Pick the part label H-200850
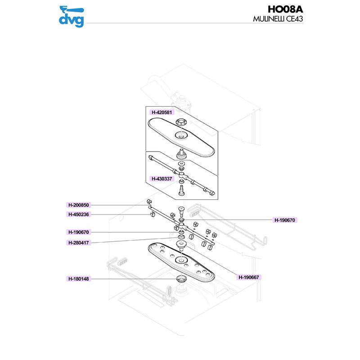pyautogui.click(x=79, y=205)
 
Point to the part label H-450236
pyautogui.click(x=79, y=214)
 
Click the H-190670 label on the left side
pyautogui.click(x=79, y=232)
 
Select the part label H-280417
pyautogui.click(x=79, y=243)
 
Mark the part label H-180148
pyautogui.click(x=79, y=279)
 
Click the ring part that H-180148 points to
pyautogui.click(x=181, y=279)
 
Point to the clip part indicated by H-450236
pyautogui.click(x=151, y=215)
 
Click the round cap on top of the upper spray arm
pyautogui.click(x=181, y=121)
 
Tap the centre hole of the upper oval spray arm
pyautogui.click(x=181, y=135)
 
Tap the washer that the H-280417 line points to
pyautogui.click(x=180, y=237)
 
